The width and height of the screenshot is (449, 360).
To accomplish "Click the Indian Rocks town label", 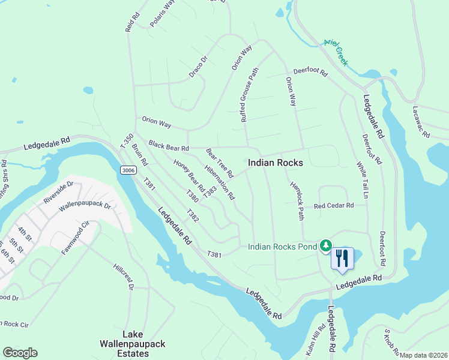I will [x=275, y=163].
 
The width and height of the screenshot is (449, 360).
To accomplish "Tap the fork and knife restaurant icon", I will [x=342, y=259].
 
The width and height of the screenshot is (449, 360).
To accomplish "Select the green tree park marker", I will [x=325, y=245].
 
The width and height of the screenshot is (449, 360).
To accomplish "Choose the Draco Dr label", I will [x=197, y=67].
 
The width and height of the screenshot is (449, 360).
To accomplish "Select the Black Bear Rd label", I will [x=169, y=146].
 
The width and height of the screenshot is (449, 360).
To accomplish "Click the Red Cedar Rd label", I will [x=334, y=206].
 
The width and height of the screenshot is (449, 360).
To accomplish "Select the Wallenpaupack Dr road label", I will [x=85, y=206].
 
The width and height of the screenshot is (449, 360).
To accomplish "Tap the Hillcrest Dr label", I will [x=123, y=275].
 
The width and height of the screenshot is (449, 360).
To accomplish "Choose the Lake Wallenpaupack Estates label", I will [x=124, y=344].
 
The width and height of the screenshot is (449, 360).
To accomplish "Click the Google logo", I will [x=20, y=353].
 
